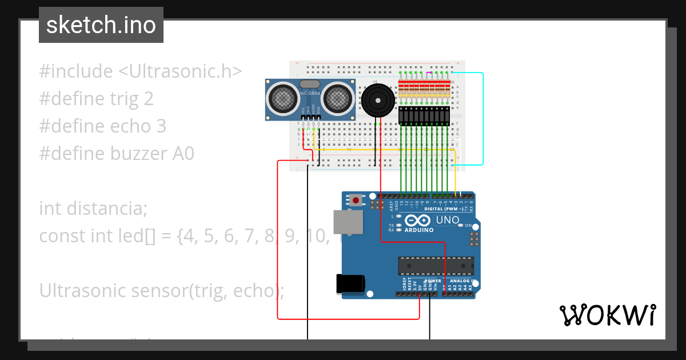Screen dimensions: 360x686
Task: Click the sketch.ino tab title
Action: pyautogui.click(x=101, y=25)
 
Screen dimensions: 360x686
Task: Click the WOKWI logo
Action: pyautogui.click(x=607, y=315)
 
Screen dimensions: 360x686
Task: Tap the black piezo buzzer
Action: pyautogui.click(x=376, y=101)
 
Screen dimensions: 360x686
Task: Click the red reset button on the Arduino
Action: pyautogui.click(x=356, y=201)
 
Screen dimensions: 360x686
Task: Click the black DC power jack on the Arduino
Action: pyautogui.click(x=350, y=283)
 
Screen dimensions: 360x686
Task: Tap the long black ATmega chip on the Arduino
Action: pyautogui.click(x=436, y=266)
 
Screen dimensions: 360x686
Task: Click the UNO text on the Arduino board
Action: pyautogui.click(x=448, y=220)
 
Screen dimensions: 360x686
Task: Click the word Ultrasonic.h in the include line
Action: pyautogui.click(x=180, y=71)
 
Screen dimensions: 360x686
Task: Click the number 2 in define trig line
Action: pyautogui.click(x=149, y=99)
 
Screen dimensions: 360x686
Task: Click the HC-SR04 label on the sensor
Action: pyautogui.click(x=309, y=93)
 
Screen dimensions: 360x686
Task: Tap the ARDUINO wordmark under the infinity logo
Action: pyautogui.click(x=418, y=230)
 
